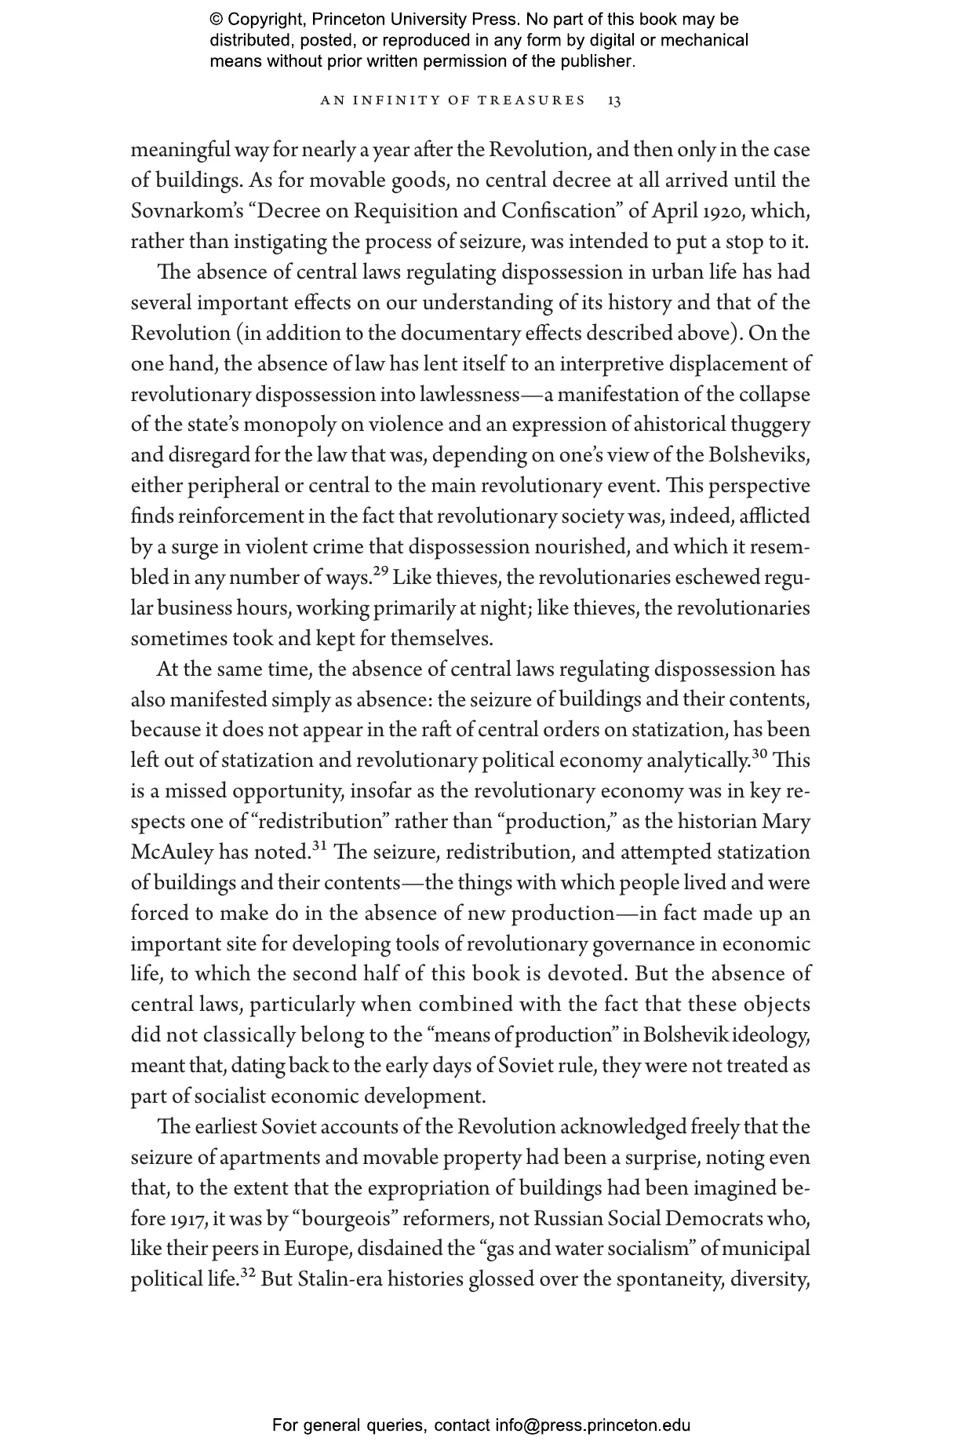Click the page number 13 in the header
(x=614, y=100)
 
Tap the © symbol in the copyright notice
(x=215, y=20)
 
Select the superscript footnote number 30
(x=759, y=754)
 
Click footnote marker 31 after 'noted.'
(x=319, y=846)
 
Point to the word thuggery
(x=770, y=425)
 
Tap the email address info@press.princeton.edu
(x=592, y=1425)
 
